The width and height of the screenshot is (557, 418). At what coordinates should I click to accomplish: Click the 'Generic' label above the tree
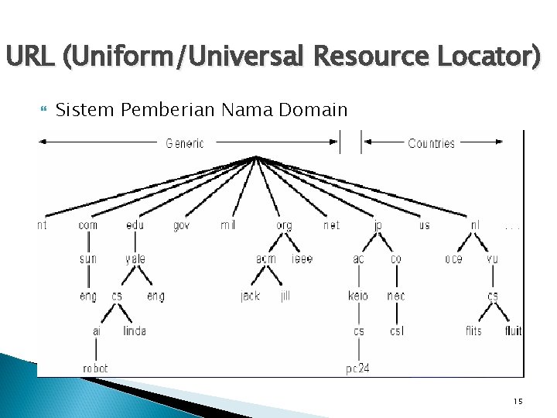tap(185, 143)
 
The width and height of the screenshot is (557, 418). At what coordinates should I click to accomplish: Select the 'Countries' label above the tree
tap(431, 143)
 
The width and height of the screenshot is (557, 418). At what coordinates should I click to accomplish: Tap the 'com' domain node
tap(88, 225)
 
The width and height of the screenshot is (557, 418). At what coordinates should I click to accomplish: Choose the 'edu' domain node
tap(135, 225)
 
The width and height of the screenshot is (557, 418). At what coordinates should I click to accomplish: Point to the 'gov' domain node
tap(181, 225)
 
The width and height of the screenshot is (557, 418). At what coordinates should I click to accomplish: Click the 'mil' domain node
tap(227, 225)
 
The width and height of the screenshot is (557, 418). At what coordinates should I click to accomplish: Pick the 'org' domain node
tap(284, 226)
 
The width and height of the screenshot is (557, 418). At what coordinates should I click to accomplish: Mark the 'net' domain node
tap(331, 225)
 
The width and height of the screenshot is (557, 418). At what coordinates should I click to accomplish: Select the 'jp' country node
tap(378, 226)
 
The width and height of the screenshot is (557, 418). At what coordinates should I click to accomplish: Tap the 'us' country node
tap(424, 225)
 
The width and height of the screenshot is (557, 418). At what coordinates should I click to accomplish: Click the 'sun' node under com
tap(88, 259)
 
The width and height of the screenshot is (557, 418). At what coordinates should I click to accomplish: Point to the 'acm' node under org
tap(266, 259)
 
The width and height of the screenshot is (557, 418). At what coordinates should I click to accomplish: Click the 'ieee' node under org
tap(302, 259)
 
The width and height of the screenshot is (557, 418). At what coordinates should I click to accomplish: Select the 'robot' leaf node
tap(96, 368)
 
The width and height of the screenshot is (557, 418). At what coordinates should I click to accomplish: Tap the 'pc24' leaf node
tap(357, 368)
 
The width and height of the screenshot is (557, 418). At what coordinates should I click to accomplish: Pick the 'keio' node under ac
tap(358, 296)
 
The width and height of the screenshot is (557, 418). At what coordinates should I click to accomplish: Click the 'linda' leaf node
tap(135, 331)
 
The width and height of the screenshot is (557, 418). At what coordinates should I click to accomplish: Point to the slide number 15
tap(518, 401)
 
